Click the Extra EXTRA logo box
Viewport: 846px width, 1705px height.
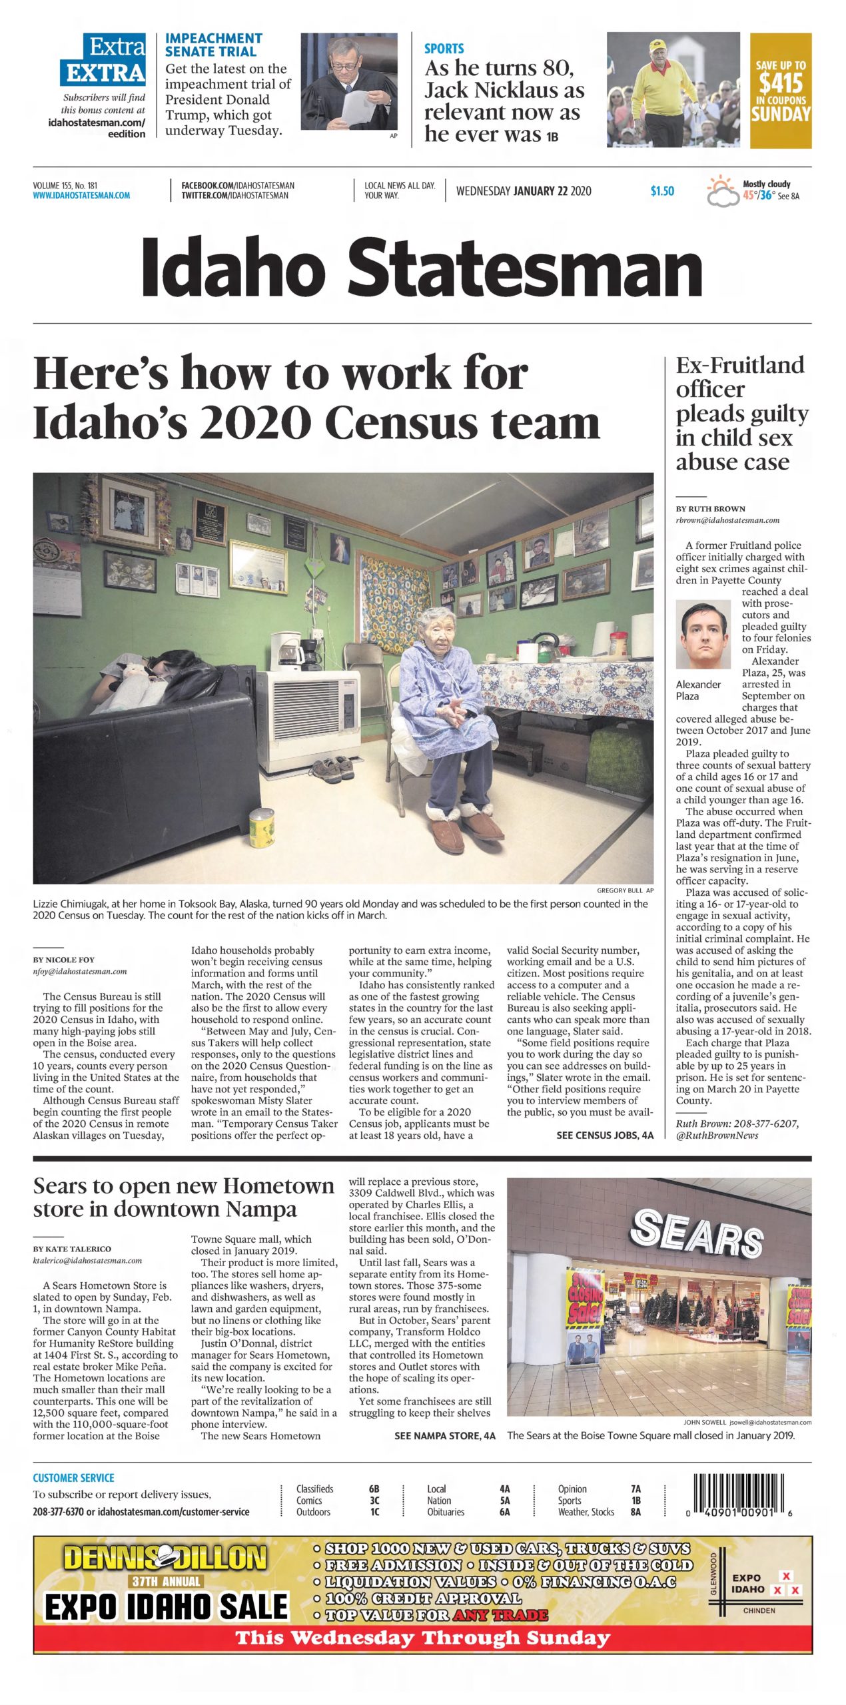[x=103, y=60]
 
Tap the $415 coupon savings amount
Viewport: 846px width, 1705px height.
[x=780, y=83]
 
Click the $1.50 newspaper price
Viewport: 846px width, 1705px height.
[x=661, y=191]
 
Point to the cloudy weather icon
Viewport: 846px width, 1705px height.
[x=723, y=191]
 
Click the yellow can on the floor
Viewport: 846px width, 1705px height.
[x=261, y=827]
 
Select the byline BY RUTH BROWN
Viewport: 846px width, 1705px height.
[x=710, y=508]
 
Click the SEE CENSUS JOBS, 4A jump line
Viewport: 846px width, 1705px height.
[x=605, y=1135]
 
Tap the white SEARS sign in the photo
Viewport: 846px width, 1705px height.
[x=696, y=1233]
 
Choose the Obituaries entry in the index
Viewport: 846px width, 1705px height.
[x=446, y=1512]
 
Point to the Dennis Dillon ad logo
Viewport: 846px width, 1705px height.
[x=165, y=1558]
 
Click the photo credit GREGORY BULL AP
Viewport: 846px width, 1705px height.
[x=624, y=890]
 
